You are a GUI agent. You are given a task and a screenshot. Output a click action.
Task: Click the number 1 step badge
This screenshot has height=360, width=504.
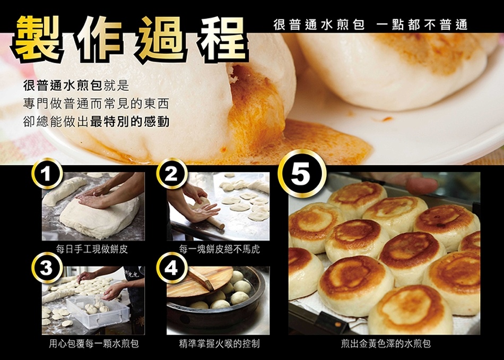47,174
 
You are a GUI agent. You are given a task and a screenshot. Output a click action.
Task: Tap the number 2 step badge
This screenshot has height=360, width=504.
172,174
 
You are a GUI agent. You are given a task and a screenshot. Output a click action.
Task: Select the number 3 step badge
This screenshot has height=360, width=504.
47,268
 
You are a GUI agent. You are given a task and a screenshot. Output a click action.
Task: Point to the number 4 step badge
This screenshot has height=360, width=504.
172,268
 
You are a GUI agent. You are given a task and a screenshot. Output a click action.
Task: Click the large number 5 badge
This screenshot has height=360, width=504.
302,174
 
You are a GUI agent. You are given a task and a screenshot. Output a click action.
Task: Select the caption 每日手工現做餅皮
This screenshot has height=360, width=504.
92,249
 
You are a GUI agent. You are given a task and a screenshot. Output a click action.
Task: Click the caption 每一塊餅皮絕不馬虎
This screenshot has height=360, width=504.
220,249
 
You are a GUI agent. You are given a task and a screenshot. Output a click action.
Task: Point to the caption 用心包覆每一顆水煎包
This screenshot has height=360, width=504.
94,344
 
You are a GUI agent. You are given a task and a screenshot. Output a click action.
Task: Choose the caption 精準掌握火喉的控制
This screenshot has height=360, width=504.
219,344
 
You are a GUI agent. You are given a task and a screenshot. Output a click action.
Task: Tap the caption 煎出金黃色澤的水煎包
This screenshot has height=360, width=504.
386,344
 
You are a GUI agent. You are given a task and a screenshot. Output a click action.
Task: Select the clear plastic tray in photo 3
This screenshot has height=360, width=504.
97,311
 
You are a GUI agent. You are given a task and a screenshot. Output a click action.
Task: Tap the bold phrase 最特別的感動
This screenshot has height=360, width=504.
130,122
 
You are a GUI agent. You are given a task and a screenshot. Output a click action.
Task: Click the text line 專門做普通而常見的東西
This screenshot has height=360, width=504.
96,104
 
